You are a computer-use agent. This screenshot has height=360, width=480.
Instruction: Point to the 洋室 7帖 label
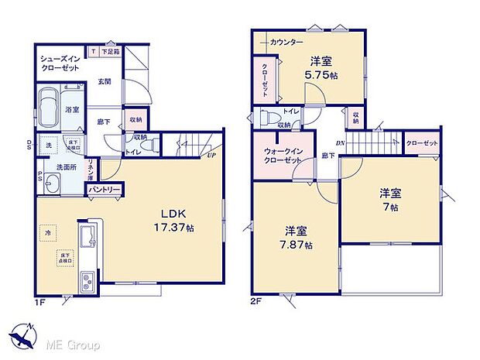tap(389, 200)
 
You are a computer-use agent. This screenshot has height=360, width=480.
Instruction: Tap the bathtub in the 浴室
tap(49, 110)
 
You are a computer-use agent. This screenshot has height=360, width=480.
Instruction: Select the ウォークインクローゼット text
tap(283, 153)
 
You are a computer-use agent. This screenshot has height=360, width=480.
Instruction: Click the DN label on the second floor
tap(339, 142)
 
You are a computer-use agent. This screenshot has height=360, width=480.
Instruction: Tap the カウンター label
tap(286, 41)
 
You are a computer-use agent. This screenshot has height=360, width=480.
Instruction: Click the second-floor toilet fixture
tap(267, 119)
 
